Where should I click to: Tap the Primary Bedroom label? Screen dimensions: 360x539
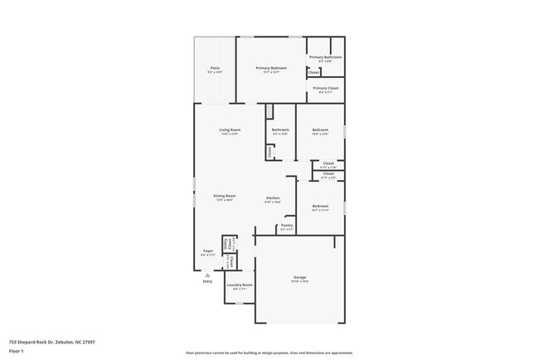(x=271, y=68)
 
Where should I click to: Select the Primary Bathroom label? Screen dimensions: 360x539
(x=325, y=56)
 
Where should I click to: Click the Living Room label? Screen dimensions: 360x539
(x=229, y=129)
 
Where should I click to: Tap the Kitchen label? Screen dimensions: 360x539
(x=272, y=197)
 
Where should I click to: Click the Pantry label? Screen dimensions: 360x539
(x=287, y=225)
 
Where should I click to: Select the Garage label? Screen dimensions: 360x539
(x=299, y=277)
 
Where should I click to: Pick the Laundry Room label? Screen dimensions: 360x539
(x=240, y=285)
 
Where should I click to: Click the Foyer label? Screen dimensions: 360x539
(x=208, y=251)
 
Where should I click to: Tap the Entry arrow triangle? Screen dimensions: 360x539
(x=207, y=274)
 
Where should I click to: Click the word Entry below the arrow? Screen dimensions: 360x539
(x=207, y=281)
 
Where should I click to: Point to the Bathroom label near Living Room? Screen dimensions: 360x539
(x=280, y=129)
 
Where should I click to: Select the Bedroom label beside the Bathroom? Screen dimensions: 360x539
(x=321, y=129)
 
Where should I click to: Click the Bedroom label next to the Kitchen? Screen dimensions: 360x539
(x=320, y=206)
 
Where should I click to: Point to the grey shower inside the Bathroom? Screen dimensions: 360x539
(x=269, y=112)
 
